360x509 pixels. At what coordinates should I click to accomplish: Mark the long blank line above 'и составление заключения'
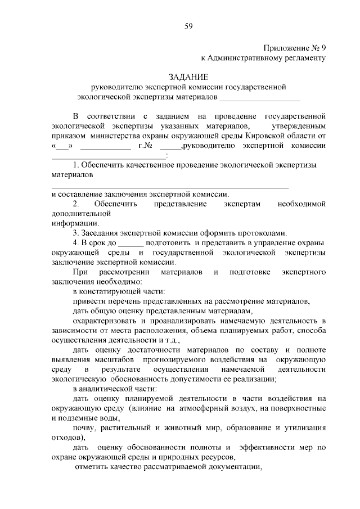coord(170,186)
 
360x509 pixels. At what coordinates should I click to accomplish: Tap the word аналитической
coord(110,389)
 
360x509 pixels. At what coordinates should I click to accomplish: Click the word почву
coord(84,427)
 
